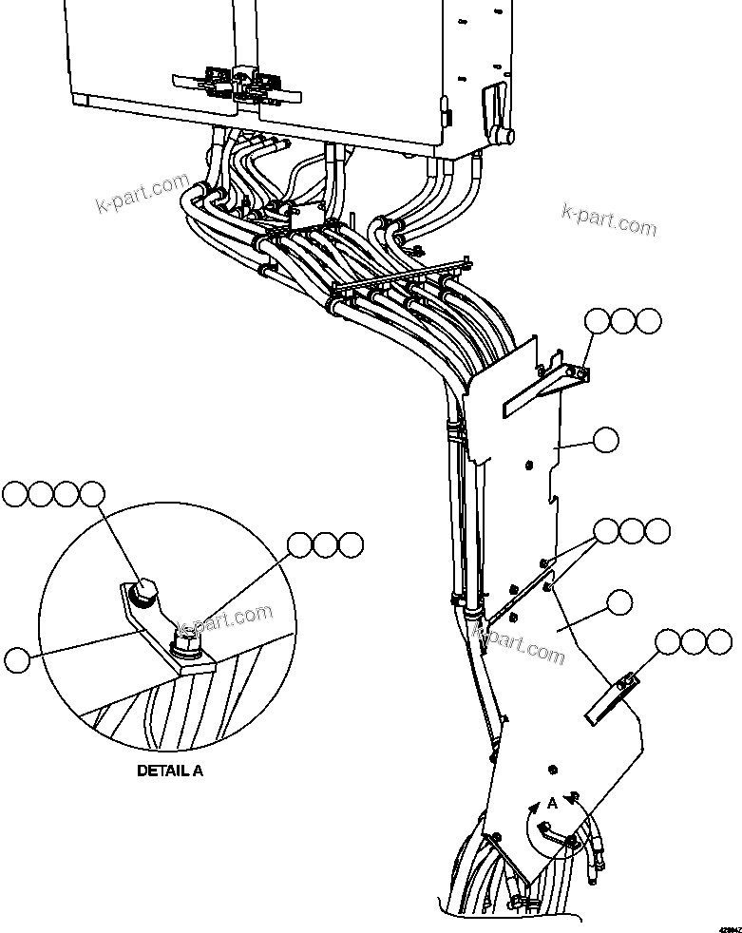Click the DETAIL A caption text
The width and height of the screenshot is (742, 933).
[170, 771]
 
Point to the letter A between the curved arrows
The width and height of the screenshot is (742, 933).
[552, 804]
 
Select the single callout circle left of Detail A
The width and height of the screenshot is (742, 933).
[17, 658]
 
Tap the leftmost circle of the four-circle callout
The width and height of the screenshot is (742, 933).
[17, 493]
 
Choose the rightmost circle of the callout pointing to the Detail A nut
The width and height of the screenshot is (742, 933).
[351, 544]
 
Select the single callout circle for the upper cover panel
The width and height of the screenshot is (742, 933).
[604, 439]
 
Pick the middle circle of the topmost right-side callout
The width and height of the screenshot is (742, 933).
[623, 320]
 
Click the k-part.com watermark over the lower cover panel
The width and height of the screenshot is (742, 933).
[521, 643]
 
